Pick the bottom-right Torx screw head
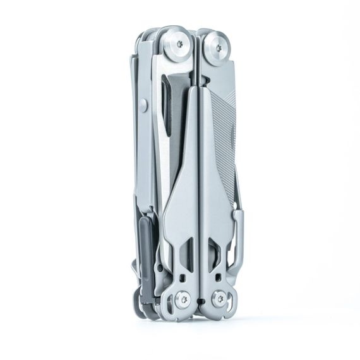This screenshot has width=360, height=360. (x=219, y=297)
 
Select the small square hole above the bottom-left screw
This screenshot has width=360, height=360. (x=181, y=277)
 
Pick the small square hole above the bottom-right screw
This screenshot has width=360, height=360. (x=217, y=277)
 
